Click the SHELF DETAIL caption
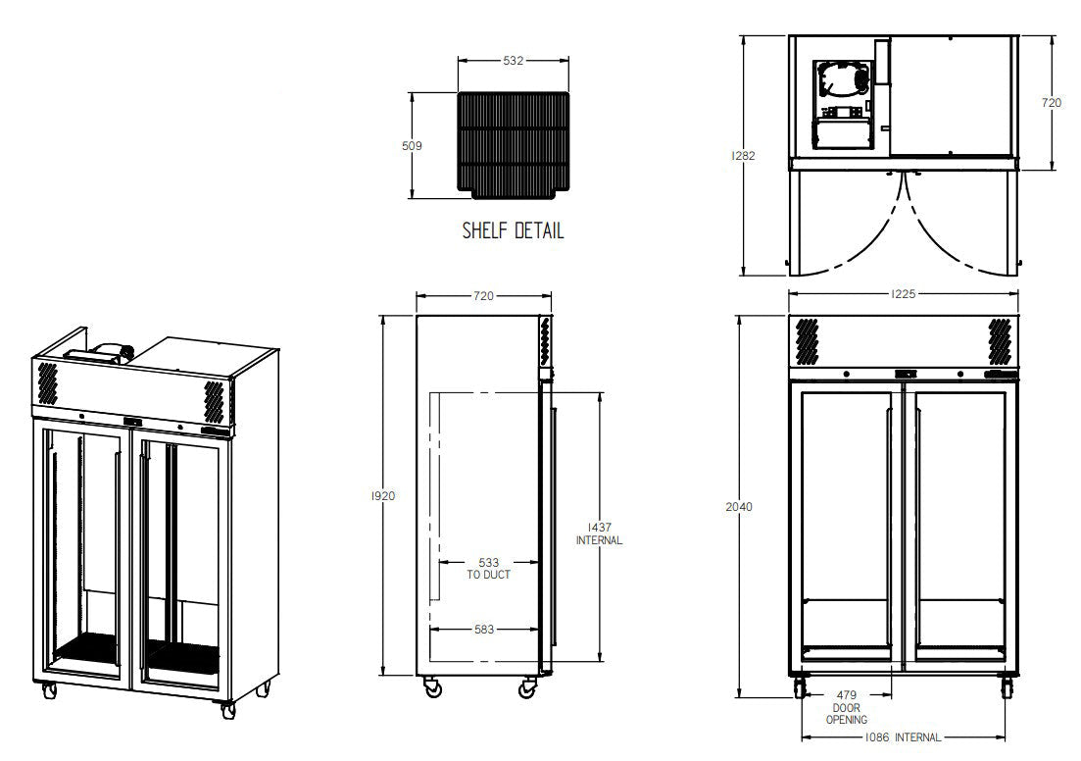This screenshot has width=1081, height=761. click(x=513, y=232)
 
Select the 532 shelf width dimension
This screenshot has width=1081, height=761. click(x=513, y=61)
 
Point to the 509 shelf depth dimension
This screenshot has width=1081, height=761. click(x=413, y=146)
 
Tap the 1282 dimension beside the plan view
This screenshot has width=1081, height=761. click(x=742, y=155)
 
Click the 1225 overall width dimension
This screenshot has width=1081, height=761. click(x=904, y=293)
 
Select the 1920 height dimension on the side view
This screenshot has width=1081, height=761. click(x=383, y=496)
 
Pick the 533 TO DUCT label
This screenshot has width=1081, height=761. click(x=488, y=569)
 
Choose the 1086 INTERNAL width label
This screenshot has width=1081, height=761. click(x=903, y=737)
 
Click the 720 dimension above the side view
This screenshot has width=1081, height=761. click(x=482, y=294)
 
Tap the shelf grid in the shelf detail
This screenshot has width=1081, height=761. click(x=513, y=143)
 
